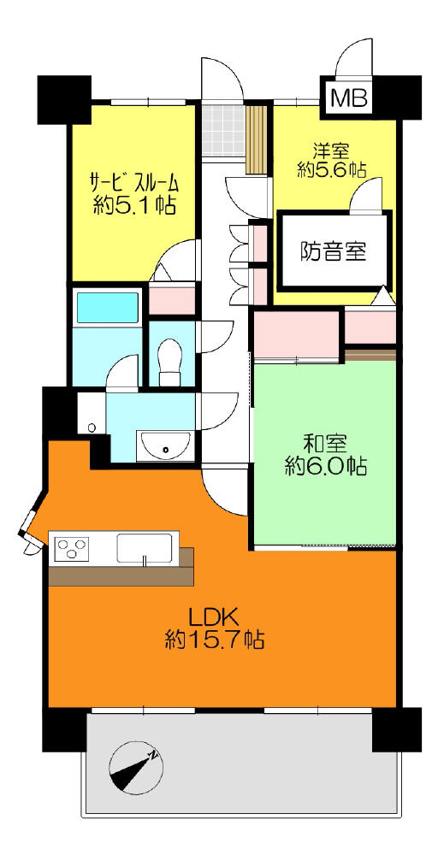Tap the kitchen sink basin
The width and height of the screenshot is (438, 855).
coord(145,547)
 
